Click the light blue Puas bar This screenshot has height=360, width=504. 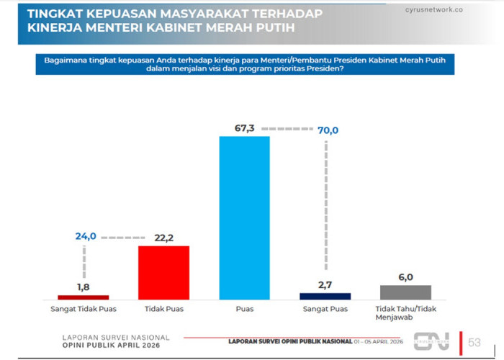pyautogui.click(x=244, y=217)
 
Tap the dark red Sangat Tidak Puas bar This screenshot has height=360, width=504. pyautogui.click(x=83, y=297)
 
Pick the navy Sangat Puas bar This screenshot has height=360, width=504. pyautogui.click(x=325, y=296)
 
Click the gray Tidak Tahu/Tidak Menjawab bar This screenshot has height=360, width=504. pyautogui.click(x=405, y=292)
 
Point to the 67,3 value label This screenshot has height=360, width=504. pyautogui.click(x=245, y=129)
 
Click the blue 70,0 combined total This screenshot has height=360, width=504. pyautogui.click(x=325, y=130)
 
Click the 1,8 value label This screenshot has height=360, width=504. pyautogui.click(x=84, y=287)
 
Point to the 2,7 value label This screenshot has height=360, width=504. pyautogui.click(x=325, y=285)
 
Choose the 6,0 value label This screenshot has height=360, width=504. pyautogui.click(x=405, y=277)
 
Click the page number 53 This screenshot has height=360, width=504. pyautogui.click(x=474, y=342)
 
